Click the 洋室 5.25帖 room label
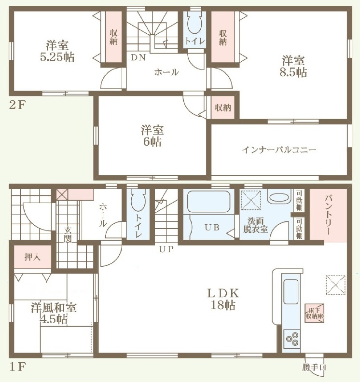click(x=57, y=51)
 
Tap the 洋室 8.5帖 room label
click(x=293, y=66)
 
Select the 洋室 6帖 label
click(x=152, y=136)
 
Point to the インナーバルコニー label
click(x=279, y=150)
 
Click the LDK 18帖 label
click(x=223, y=299)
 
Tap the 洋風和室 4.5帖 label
click(x=54, y=314)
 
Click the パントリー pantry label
click(x=328, y=215)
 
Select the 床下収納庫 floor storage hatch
click(x=315, y=314)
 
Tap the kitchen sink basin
click(x=291, y=292)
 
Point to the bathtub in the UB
click(x=209, y=202)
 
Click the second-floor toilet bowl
click(x=194, y=24)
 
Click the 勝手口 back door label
click(x=314, y=367)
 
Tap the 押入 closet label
click(x=32, y=257)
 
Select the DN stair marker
click(x=138, y=57)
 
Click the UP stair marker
click(x=166, y=249)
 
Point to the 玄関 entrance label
click(x=68, y=234)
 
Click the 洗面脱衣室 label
click(x=255, y=225)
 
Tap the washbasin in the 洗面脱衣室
click(x=279, y=197)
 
